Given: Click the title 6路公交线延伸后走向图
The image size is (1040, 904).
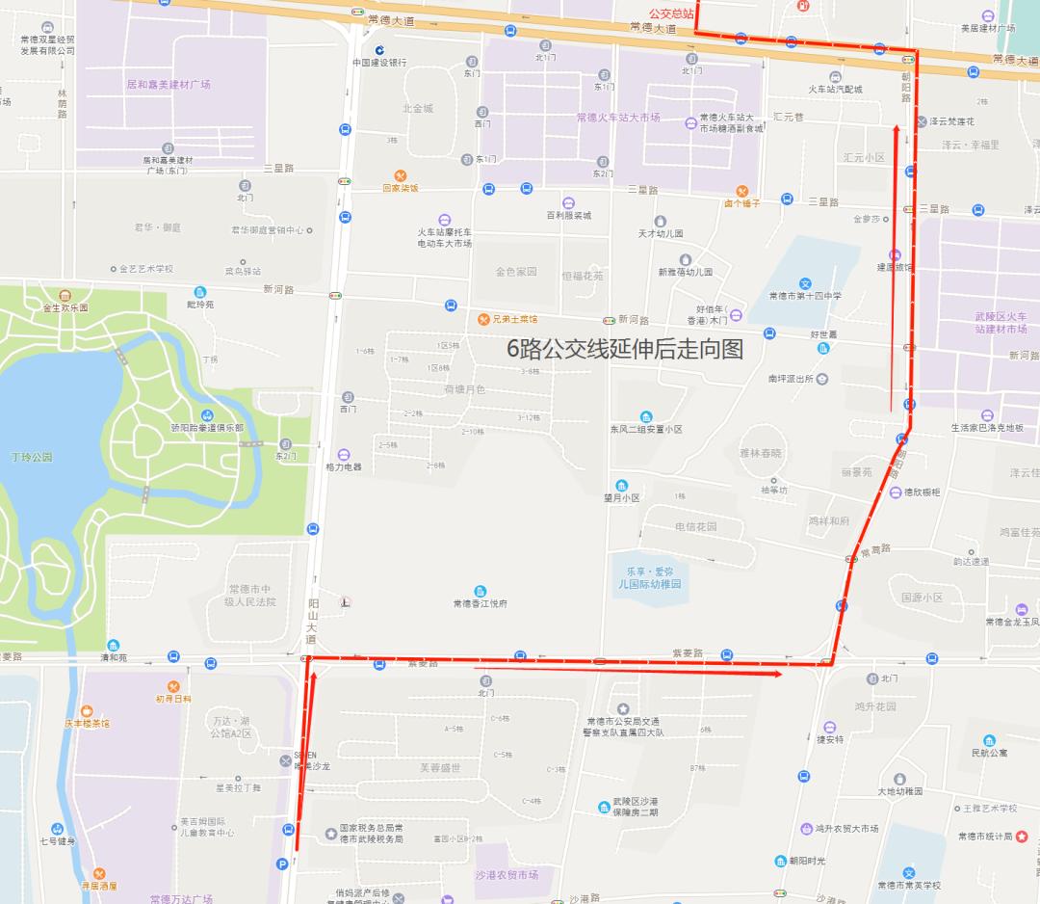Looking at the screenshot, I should point(625,350).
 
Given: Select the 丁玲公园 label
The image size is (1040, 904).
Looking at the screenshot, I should point(31,457).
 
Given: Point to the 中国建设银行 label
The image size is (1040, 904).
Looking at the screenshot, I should point(378,63).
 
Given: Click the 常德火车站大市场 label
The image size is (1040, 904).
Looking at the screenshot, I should point(618,118).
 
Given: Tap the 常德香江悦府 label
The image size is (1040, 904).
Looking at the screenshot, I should point(480,604).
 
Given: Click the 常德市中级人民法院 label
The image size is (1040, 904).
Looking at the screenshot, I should point(250,595).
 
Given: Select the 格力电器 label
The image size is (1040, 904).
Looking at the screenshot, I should point(344,466).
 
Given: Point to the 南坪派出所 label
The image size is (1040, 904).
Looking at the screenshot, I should point(791,379).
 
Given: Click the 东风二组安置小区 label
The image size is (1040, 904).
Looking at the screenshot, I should point(645,429).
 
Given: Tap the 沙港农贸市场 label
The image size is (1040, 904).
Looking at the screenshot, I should point(507,875).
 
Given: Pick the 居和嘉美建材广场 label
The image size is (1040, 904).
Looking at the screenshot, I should point(168,85).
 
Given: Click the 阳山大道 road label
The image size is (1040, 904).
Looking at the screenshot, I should point(312,621).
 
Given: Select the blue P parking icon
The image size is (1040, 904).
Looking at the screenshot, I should point(282,864).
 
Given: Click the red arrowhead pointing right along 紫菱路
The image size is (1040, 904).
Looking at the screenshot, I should point(776,674).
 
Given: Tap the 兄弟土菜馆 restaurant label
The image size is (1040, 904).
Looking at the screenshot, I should point(515,319).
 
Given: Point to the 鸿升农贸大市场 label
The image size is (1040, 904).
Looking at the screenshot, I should point(846,828).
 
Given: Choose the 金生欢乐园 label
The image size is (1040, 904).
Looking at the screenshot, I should point(65,307).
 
